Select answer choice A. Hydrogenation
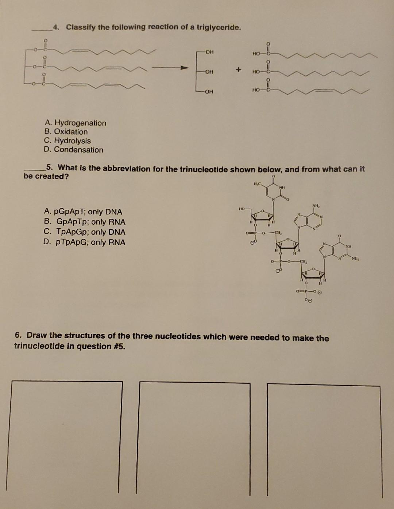(75, 123)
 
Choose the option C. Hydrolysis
(67, 141)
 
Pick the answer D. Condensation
(73, 150)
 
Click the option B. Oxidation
(66, 132)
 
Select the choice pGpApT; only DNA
(83, 212)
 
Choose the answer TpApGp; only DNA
(85, 232)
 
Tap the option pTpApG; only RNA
(85, 242)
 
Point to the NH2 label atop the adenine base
(316, 207)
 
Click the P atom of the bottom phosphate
(306, 291)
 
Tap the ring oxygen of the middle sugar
(288, 239)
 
